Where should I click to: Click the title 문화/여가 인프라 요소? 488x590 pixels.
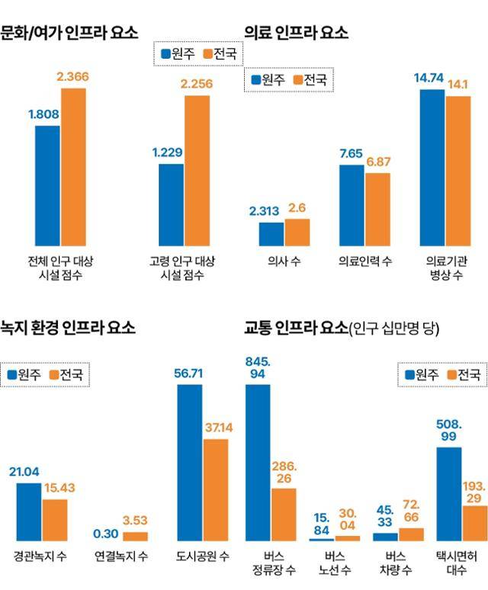point(69,33)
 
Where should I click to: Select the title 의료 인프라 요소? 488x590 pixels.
point(296,33)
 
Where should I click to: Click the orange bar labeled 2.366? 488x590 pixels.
point(73,167)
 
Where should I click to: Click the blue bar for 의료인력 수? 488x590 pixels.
point(352,205)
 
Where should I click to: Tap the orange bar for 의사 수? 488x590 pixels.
point(297,232)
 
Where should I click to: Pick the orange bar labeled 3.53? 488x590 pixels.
point(136,536)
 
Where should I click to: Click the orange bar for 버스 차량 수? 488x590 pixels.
point(411,534)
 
